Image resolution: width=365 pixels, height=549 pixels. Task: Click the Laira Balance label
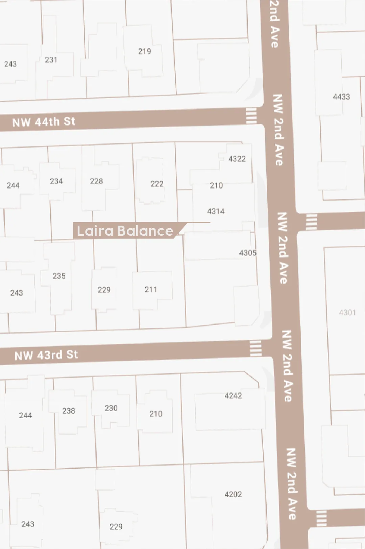[125, 231]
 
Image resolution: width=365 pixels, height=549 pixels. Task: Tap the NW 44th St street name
[44, 122]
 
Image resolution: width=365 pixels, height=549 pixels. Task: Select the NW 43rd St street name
[46, 355]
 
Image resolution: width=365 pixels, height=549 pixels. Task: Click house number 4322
[237, 159]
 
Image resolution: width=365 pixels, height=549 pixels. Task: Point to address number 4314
[216, 211]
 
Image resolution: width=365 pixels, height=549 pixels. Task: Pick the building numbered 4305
[247, 253]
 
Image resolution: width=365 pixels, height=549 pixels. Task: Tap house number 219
[144, 51]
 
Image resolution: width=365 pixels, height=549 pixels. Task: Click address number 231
[51, 60]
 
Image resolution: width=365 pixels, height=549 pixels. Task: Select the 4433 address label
[341, 97]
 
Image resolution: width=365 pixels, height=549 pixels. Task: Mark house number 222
[157, 184]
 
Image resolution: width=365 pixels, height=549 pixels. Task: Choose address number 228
[96, 181]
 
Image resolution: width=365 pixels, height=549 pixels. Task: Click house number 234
[56, 181]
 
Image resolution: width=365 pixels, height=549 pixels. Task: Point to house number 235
[59, 276]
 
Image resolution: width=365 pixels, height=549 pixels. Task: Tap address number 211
[151, 289]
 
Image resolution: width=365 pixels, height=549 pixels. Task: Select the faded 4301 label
[347, 312]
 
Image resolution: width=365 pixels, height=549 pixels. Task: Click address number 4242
[233, 396]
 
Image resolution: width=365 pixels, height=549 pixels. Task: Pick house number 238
[69, 411]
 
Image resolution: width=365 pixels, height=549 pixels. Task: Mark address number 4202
[233, 494]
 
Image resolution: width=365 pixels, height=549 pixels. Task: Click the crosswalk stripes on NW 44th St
[251, 116]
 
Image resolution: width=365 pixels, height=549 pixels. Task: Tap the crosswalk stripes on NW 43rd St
[255, 348]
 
